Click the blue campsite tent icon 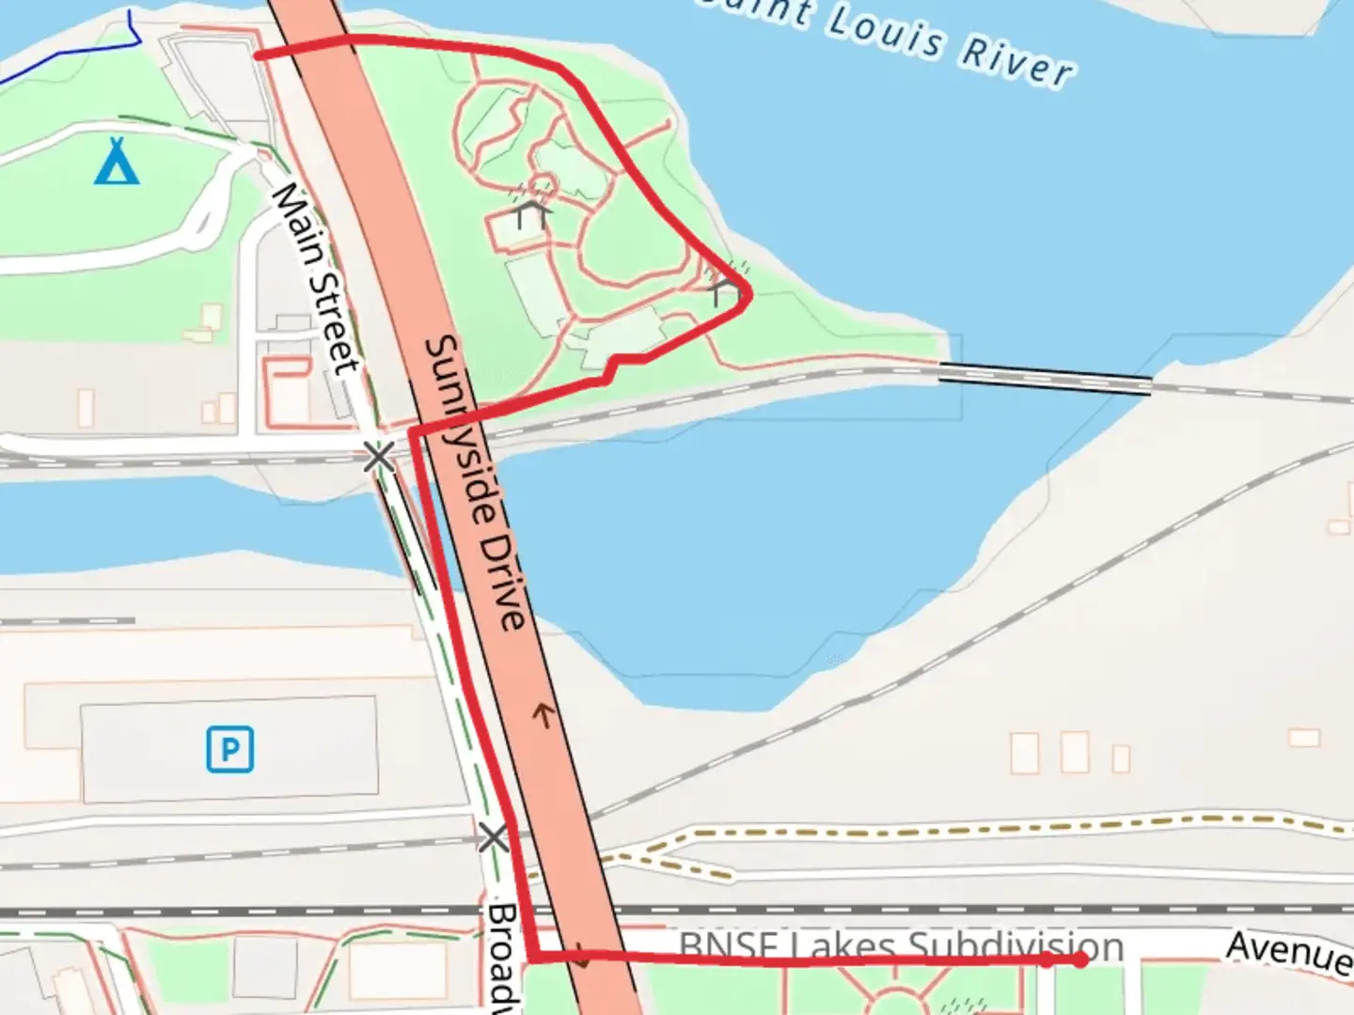118,162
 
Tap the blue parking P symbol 230,749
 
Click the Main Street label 316,278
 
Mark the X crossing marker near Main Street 379,458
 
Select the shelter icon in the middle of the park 531,211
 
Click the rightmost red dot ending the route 1081,960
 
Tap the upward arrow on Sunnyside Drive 543,716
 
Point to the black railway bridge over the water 1045,378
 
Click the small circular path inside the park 543,183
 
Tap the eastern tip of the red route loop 748,294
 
